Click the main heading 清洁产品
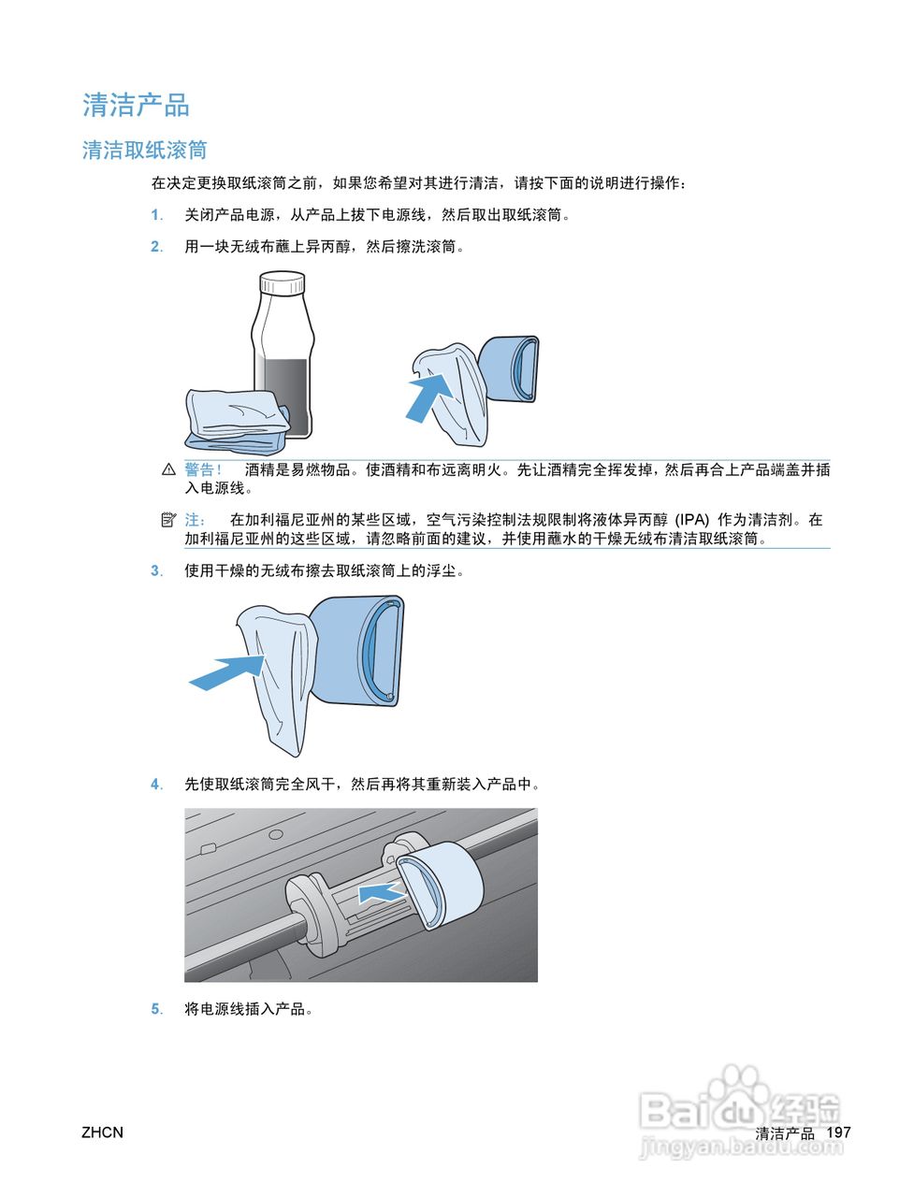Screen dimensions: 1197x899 point(136,105)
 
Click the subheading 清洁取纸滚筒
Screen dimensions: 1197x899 point(144,151)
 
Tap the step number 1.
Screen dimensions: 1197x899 point(156,215)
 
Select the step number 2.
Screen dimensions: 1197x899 point(156,247)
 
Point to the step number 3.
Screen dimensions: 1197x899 point(156,571)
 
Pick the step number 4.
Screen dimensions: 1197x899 point(156,785)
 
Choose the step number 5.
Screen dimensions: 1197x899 point(156,1009)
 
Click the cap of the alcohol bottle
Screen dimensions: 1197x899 point(282,282)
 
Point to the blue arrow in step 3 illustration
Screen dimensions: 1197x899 point(226,671)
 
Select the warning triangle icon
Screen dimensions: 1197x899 point(168,469)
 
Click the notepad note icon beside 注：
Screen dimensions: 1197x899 point(168,519)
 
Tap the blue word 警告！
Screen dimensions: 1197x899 point(203,469)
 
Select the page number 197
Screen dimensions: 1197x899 point(839,1132)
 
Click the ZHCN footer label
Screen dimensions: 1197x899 point(102,1132)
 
